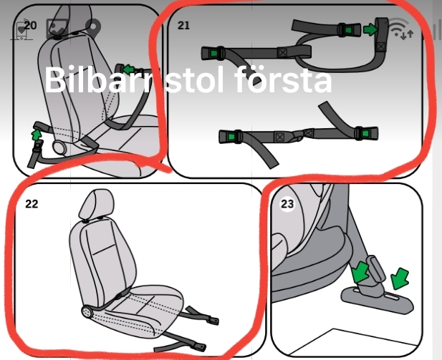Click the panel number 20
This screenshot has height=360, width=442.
[30, 26]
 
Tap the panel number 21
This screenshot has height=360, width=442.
[183, 25]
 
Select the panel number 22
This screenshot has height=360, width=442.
[32, 204]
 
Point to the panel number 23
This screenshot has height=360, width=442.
[287, 203]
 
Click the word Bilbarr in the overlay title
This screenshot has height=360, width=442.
[98, 79]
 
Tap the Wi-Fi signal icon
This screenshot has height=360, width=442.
[400, 28]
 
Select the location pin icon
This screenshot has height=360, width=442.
[93, 28]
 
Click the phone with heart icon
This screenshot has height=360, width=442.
[21, 29]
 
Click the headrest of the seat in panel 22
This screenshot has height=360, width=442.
[97, 204]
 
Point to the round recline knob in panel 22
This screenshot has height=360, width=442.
[87, 312]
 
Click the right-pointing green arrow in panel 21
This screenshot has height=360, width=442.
[370, 29]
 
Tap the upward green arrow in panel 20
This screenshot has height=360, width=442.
[36, 135]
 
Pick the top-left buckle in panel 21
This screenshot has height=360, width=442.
[212, 53]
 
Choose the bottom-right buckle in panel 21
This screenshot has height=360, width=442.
[366, 134]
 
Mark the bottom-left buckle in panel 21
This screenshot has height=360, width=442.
[231, 137]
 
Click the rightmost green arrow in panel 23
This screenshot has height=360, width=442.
[400, 278]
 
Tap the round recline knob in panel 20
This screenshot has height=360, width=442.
[59, 147]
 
